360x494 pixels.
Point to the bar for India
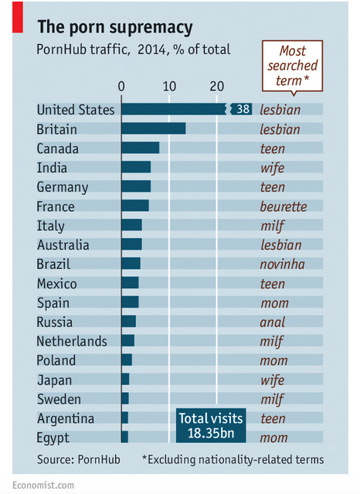coord(136,168)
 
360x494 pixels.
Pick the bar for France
coord(135,206)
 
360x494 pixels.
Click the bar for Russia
coord(129,322)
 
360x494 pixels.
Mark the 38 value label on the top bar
coord(242,110)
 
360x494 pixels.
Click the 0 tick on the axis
coord(121,86)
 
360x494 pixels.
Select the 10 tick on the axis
coord(168,86)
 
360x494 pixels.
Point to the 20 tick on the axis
coord(216,86)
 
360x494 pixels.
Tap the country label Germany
coord(63,187)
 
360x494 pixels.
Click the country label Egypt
coord(53,438)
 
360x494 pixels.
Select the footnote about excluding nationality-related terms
coord(233,460)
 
